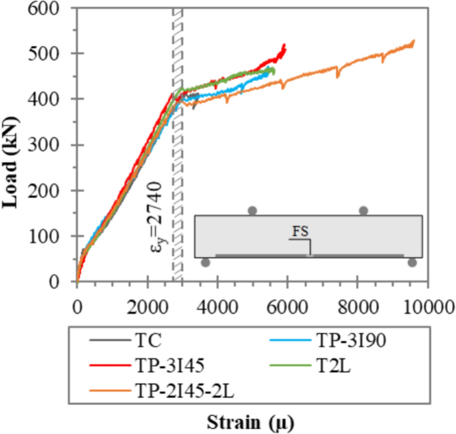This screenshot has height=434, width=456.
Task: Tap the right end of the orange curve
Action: pos(414,41)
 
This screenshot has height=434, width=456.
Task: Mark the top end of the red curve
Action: pos(284,45)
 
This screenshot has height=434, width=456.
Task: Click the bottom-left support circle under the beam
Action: pos(206,263)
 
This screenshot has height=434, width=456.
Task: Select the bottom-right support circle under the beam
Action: pos(412,263)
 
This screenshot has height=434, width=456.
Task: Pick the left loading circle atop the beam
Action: pos(252,211)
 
